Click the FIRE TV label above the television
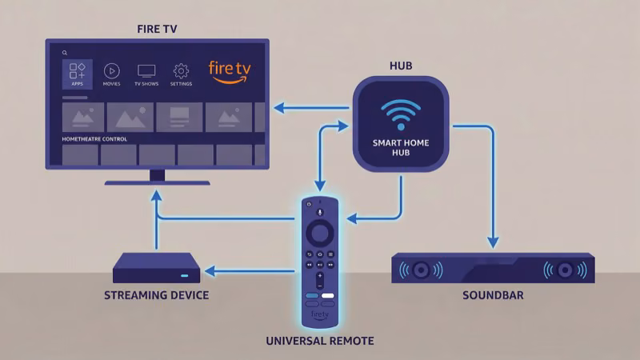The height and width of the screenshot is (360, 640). pyautogui.click(x=158, y=30)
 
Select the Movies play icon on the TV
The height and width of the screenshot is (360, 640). pyautogui.click(x=112, y=70)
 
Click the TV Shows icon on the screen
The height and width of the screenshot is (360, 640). pyautogui.click(x=146, y=70)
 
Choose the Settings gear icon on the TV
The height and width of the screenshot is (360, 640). pyautogui.click(x=181, y=70)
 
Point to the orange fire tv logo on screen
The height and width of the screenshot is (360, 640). pyautogui.click(x=230, y=70)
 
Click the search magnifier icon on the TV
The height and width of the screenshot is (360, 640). pyautogui.click(x=65, y=53)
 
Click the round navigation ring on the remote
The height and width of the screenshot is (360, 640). pyautogui.click(x=319, y=234)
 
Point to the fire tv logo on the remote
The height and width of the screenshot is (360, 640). pyautogui.click(x=319, y=315)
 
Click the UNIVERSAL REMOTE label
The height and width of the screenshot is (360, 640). pyautogui.click(x=319, y=342)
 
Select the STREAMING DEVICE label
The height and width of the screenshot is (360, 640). pyautogui.click(x=157, y=296)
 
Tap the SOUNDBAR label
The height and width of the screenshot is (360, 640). pyautogui.click(x=493, y=296)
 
